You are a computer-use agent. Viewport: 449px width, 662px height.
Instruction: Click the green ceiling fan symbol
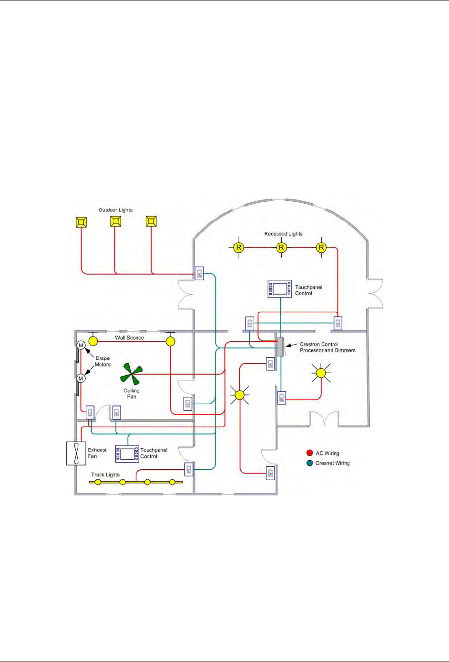132,373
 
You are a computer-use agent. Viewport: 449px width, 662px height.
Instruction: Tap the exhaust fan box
76,453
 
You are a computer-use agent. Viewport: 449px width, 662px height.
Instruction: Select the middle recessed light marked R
281,247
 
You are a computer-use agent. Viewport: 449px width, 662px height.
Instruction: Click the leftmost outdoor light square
81,222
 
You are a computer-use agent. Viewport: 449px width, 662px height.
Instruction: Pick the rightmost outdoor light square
151,221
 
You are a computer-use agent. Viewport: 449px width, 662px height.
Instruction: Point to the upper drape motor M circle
81,345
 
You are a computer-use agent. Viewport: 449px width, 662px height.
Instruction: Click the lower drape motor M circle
81,378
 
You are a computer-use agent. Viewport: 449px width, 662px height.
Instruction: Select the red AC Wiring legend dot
310,453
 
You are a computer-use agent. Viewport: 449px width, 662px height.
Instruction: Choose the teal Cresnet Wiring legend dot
310,463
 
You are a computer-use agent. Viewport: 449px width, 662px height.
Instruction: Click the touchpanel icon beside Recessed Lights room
280,289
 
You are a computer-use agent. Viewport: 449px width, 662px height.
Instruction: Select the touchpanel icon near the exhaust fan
127,454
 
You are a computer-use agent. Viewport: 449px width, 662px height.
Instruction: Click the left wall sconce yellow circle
93,341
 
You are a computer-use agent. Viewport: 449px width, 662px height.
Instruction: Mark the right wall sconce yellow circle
170,341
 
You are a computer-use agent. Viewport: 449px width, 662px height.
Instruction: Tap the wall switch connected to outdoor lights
199,273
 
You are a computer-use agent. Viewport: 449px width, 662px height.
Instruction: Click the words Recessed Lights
283,234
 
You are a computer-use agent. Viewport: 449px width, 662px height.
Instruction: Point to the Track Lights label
105,474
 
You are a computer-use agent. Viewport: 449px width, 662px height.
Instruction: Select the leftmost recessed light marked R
238,247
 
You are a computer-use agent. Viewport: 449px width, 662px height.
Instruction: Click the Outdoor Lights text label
115,210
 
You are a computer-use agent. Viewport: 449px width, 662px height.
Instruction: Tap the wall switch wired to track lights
189,469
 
